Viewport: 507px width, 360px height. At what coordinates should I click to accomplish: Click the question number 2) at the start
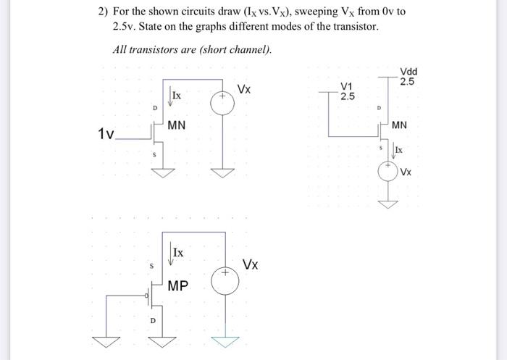tap(103, 12)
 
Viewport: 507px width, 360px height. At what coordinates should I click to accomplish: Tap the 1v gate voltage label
tap(106, 134)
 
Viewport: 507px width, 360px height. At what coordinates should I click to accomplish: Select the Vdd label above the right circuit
tap(408, 72)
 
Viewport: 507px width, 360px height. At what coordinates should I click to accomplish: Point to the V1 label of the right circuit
tap(348, 86)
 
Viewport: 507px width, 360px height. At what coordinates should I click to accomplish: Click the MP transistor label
tap(178, 286)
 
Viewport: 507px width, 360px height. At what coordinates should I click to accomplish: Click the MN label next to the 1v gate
tap(177, 125)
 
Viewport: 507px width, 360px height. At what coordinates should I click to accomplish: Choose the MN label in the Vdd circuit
tap(399, 125)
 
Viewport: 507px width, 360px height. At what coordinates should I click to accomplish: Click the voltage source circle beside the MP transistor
tap(225, 280)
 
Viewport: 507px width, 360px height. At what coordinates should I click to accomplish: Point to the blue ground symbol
tap(225, 338)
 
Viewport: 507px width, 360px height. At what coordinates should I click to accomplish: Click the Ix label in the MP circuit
tap(177, 253)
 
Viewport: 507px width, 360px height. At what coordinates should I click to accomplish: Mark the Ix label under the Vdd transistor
tap(399, 150)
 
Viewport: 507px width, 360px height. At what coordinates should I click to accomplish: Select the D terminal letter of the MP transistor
tap(153, 319)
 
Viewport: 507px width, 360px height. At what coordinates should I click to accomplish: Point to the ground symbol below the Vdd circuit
tap(390, 202)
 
